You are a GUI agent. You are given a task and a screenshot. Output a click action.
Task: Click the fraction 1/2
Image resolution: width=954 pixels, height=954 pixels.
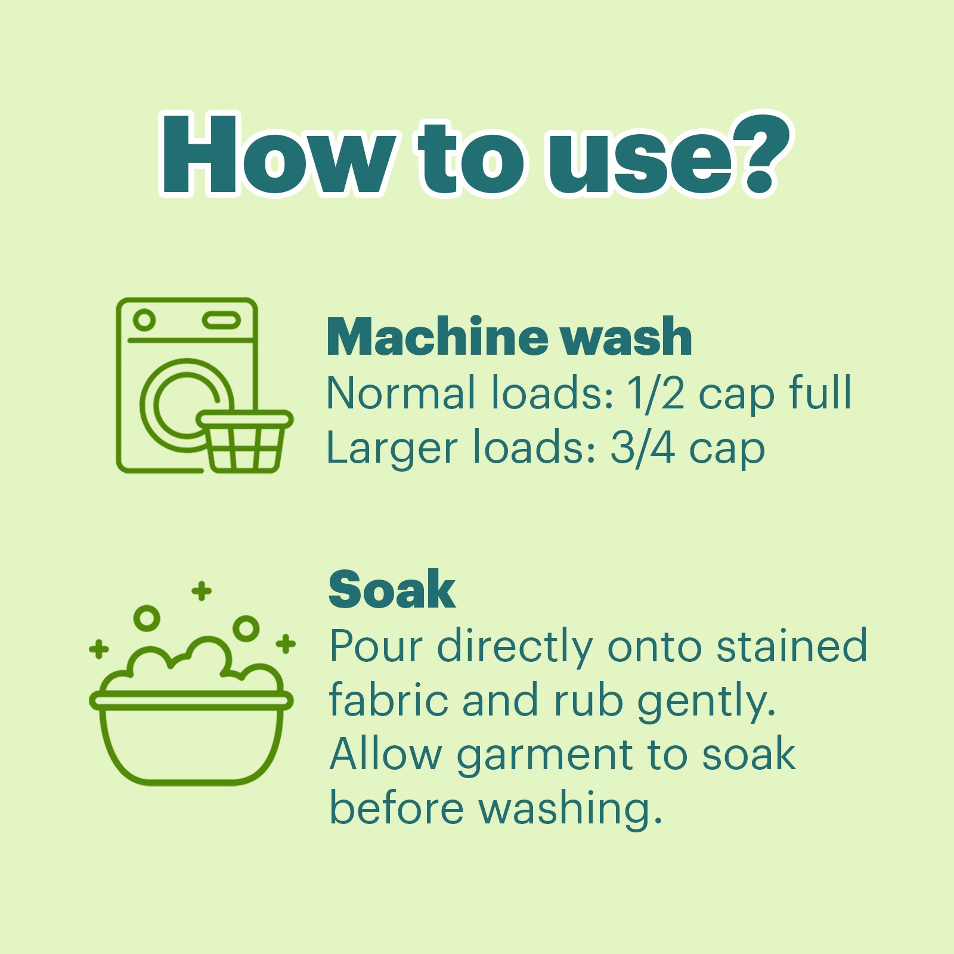tap(655, 393)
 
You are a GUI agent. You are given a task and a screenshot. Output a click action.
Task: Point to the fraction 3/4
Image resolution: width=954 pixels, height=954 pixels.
tap(642, 448)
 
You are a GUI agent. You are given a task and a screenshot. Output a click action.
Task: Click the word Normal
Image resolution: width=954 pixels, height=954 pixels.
tap(401, 393)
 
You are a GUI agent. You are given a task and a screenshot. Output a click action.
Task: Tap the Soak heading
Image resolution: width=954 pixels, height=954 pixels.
tap(392, 590)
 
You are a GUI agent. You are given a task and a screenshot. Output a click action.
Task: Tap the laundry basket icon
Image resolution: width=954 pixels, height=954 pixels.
tap(244, 441)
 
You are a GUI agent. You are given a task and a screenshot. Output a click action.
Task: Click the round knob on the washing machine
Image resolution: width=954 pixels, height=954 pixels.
tap(144, 320)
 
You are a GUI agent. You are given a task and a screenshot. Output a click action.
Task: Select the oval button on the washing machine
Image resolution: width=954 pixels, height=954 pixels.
tap(221, 321)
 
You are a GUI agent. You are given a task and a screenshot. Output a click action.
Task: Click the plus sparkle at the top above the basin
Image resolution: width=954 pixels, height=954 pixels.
tap(202, 591)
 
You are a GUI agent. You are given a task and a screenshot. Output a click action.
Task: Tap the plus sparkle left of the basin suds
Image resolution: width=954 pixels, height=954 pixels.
tap(99, 649)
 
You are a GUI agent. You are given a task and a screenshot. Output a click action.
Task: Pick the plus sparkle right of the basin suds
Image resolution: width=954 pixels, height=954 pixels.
tap(286, 644)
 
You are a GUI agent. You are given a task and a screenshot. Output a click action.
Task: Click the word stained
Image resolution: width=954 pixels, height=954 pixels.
tap(791, 646)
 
